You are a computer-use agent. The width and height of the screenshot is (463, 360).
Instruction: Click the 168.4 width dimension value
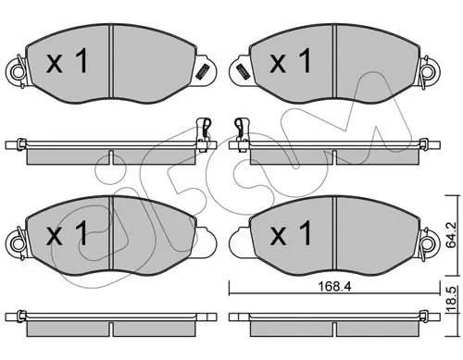[x=335, y=287]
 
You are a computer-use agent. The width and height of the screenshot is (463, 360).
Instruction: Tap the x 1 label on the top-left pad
[x=67, y=62]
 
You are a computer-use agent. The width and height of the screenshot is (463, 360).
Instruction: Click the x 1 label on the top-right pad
[x=291, y=61]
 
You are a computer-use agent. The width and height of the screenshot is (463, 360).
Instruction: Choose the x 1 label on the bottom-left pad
[x=67, y=233]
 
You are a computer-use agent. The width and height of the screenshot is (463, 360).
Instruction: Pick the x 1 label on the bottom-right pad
[x=291, y=233]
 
